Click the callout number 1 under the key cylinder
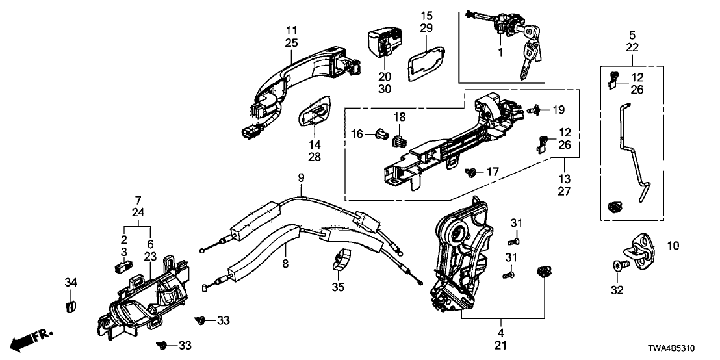[500, 51]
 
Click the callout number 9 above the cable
[301, 177]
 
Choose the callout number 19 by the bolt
[559, 109]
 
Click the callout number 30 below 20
[384, 89]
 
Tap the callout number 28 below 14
[315, 157]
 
